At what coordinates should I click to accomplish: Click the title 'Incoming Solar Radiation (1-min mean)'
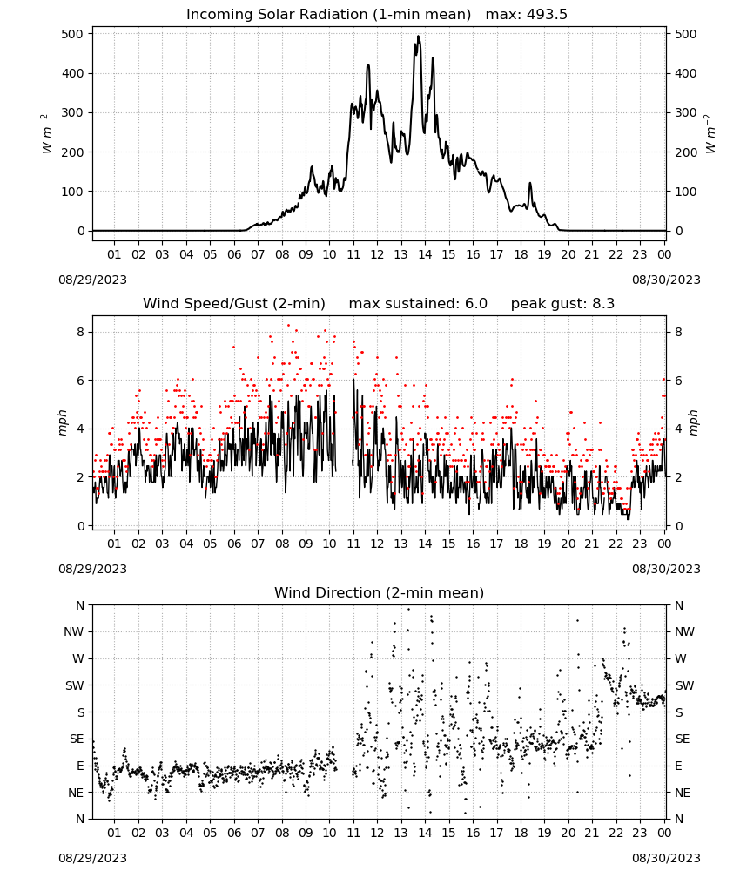tap(328, 15)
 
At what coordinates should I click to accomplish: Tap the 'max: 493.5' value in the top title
tap(527, 15)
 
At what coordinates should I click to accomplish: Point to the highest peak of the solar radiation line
tap(418, 37)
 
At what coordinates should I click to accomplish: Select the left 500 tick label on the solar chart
tap(73, 34)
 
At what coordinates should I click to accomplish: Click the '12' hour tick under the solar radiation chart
tap(377, 254)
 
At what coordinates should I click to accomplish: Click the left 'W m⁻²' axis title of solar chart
tap(47, 134)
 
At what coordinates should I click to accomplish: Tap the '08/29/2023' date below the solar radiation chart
tap(92, 280)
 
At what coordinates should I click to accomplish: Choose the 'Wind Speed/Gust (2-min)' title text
tap(234, 304)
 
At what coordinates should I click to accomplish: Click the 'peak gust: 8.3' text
tap(562, 304)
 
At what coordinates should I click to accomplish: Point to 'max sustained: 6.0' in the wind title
tap(418, 304)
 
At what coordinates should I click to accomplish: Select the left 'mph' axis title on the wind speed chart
tap(63, 422)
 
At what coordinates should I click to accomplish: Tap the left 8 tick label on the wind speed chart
tap(80, 332)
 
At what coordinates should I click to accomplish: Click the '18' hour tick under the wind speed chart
tap(521, 544)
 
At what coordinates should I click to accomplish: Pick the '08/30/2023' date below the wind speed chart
tap(666, 570)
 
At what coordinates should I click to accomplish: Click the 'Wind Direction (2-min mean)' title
tap(380, 593)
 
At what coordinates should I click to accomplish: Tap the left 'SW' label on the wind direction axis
tap(74, 685)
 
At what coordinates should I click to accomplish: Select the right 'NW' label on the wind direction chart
tap(684, 631)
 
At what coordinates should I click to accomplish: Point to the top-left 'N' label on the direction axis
tap(80, 605)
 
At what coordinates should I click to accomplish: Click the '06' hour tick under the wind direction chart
tap(234, 833)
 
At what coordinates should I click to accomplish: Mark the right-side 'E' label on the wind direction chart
tap(678, 766)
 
